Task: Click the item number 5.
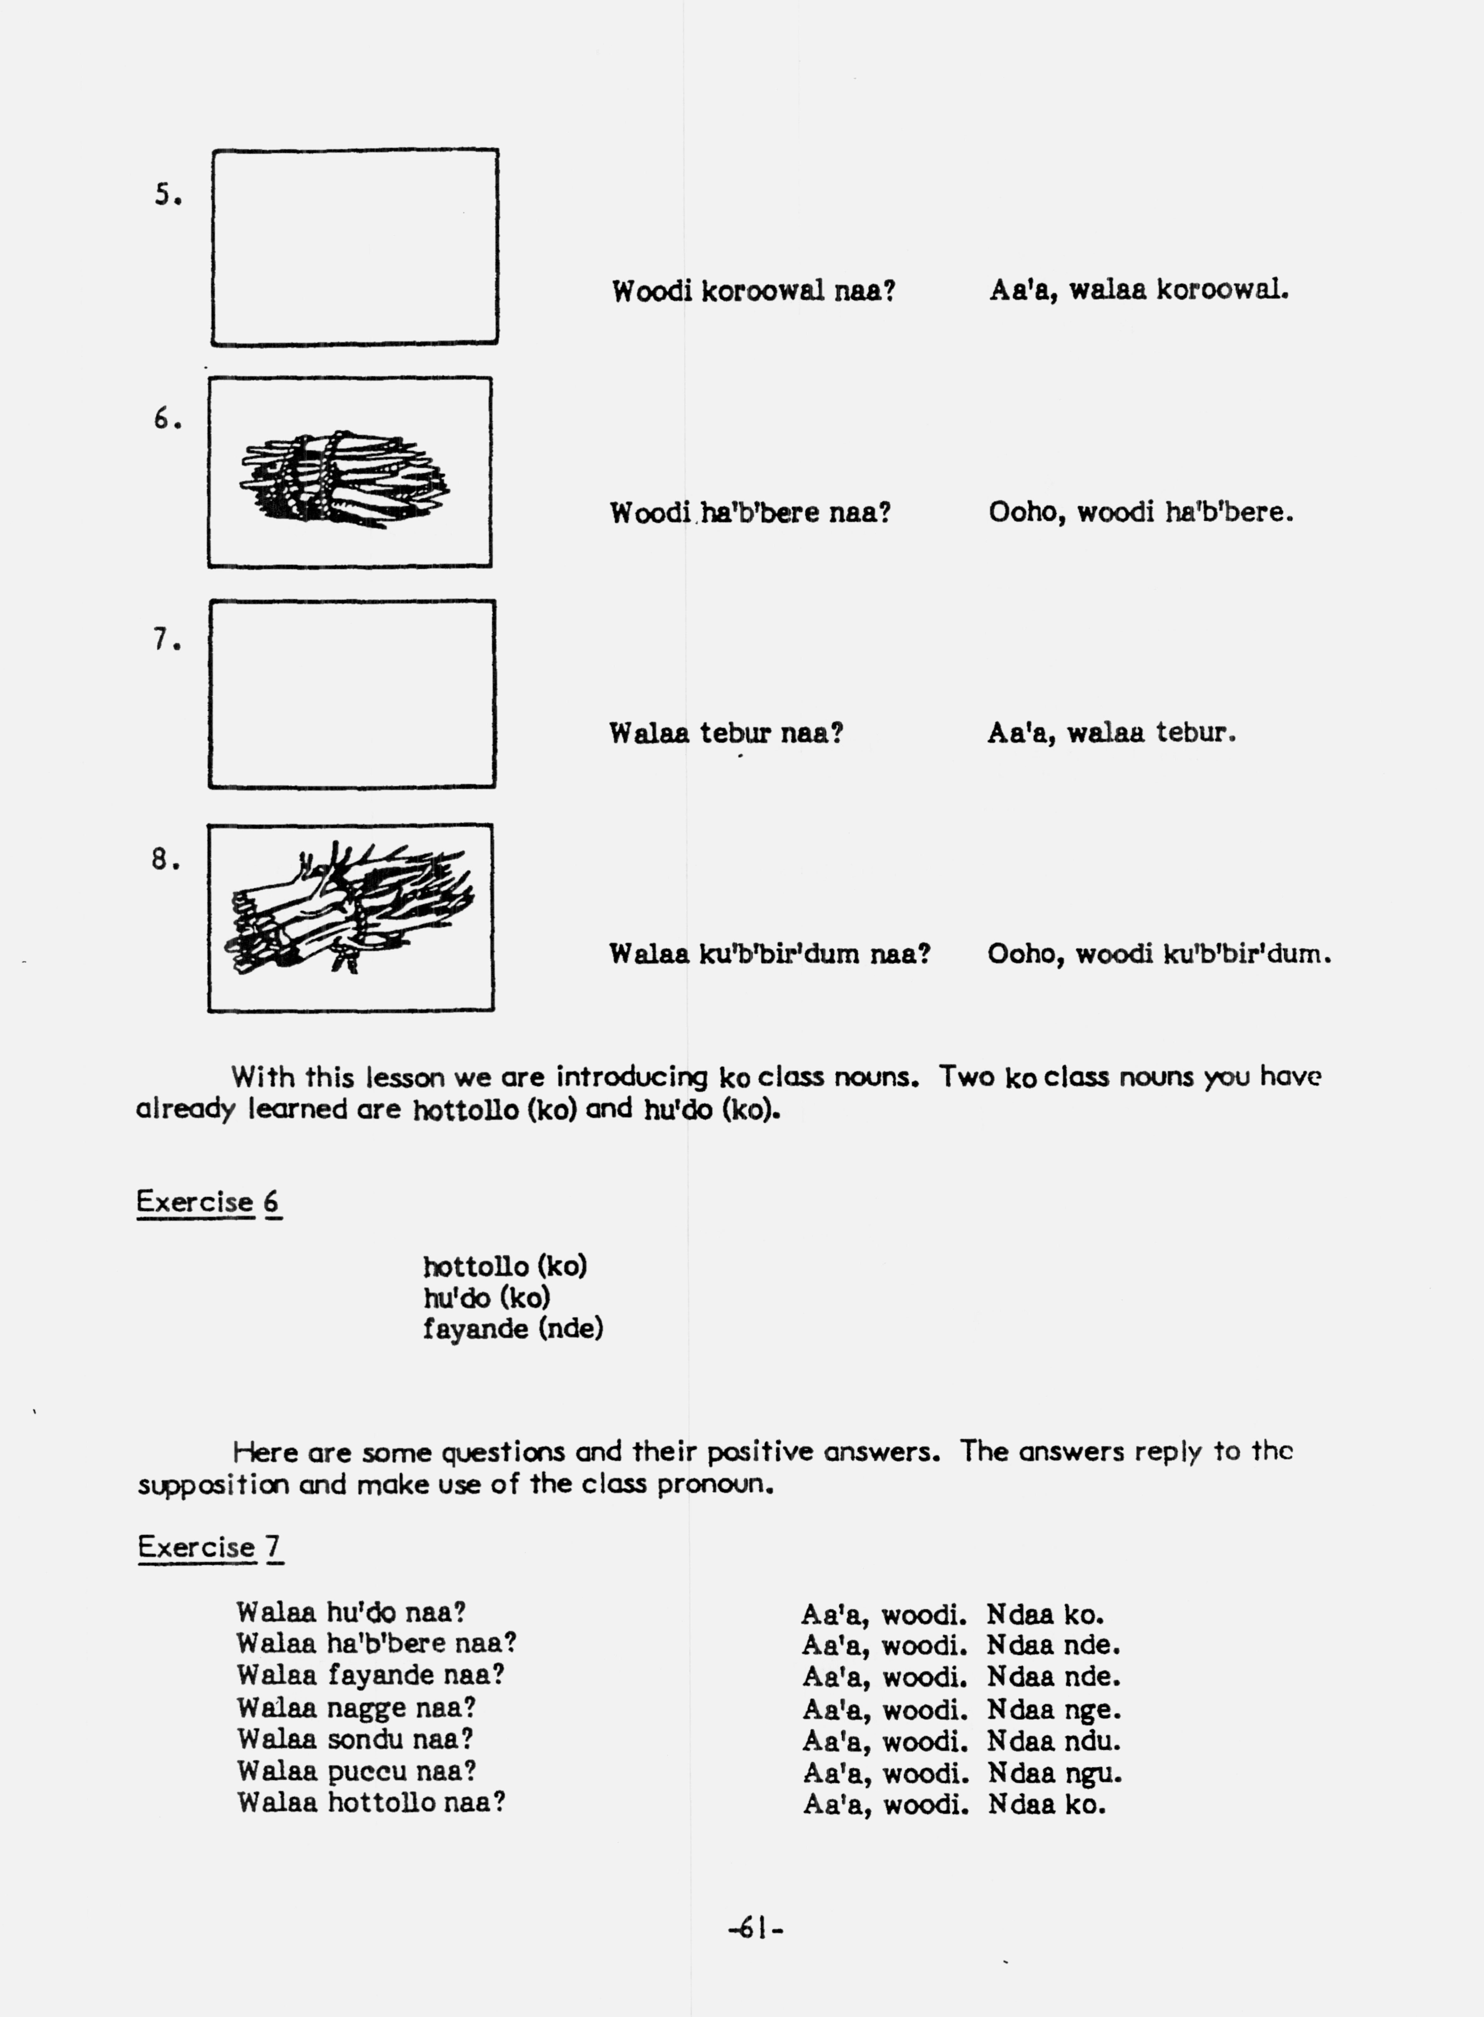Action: [167, 195]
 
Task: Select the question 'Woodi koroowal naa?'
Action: [753, 291]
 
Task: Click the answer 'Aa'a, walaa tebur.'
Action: [1111, 733]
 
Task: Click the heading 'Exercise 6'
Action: [208, 1202]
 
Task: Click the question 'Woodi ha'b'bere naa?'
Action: [750, 513]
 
